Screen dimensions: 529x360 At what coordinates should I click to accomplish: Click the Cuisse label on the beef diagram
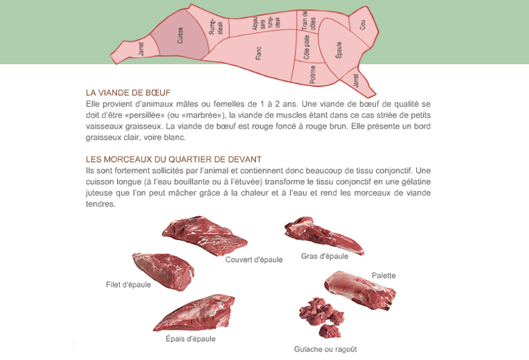(x=180, y=35)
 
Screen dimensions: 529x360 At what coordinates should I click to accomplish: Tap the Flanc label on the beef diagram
(x=258, y=54)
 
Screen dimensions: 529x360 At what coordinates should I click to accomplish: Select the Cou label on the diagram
(x=362, y=25)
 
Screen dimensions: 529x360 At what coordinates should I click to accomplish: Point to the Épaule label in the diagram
(x=339, y=50)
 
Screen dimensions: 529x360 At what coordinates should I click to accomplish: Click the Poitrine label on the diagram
(x=312, y=74)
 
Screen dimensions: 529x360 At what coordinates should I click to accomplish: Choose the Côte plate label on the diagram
(x=307, y=47)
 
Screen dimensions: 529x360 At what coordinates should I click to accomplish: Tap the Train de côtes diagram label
(x=309, y=21)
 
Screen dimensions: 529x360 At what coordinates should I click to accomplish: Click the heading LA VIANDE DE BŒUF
(x=128, y=92)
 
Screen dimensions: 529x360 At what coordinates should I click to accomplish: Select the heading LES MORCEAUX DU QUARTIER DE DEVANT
(x=174, y=159)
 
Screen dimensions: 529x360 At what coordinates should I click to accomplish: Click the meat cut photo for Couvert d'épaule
(x=205, y=235)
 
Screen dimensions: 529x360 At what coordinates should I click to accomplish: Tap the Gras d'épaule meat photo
(x=324, y=235)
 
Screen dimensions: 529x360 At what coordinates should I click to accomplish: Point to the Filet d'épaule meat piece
(x=164, y=271)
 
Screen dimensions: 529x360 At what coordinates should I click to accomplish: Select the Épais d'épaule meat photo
(x=194, y=313)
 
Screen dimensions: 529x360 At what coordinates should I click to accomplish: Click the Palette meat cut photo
(x=360, y=290)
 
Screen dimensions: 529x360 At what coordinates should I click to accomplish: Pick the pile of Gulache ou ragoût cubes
(x=321, y=318)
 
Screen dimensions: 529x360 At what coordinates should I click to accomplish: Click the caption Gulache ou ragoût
(x=325, y=349)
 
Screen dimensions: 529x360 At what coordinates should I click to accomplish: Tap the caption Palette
(x=384, y=275)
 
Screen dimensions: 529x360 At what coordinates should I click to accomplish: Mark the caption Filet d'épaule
(x=128, y=284)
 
